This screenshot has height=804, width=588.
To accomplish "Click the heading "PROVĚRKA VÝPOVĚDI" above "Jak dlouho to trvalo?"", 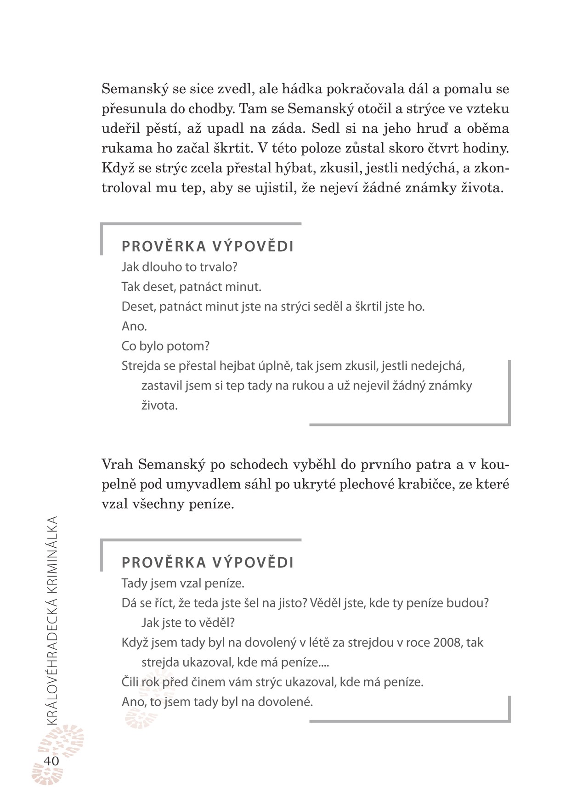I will (208, 247).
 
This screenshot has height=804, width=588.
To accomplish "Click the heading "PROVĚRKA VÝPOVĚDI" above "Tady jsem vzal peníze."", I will (208, 563).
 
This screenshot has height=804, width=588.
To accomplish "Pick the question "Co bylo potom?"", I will (165, 346).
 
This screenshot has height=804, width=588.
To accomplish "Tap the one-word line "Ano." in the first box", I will (134, 326).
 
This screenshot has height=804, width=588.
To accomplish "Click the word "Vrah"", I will (117, 465).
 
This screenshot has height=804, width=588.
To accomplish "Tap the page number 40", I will (51, 761).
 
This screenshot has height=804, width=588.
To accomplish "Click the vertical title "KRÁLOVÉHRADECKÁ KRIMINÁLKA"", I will (52, 620).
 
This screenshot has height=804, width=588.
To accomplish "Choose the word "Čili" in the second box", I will (130, 682).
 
